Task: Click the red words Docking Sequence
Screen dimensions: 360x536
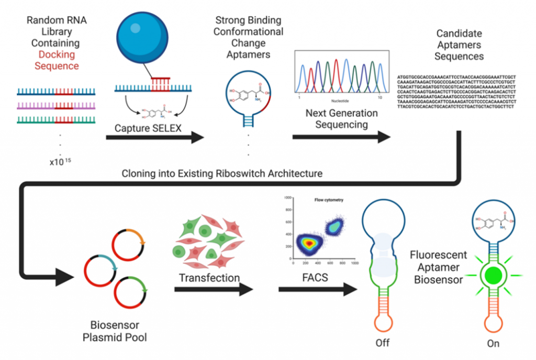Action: click(x=57, y=60)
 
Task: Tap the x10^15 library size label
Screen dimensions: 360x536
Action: click(x=60, y=161)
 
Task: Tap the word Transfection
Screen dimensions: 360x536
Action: click(x=210, y=277)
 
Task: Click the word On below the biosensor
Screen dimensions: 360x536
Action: click(x=493, y=343)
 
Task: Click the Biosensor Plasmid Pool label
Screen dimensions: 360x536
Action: click(x=115, y=331)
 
